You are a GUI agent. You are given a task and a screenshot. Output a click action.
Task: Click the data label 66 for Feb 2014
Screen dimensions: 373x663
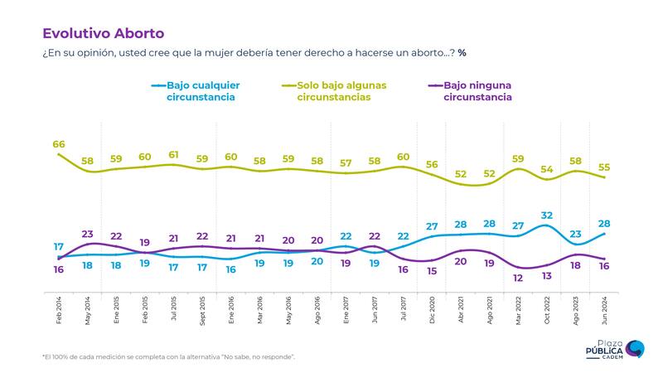[x=59, y=144]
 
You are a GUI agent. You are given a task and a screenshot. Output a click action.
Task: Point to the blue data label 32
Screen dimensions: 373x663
[x=546, y=216]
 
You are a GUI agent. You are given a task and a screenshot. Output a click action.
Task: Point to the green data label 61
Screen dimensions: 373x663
[x=174, y=155]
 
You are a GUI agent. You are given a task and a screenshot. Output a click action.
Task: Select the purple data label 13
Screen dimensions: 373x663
[x=546, y=276]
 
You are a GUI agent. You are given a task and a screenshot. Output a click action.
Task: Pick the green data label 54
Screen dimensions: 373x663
[x=546, y=170]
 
